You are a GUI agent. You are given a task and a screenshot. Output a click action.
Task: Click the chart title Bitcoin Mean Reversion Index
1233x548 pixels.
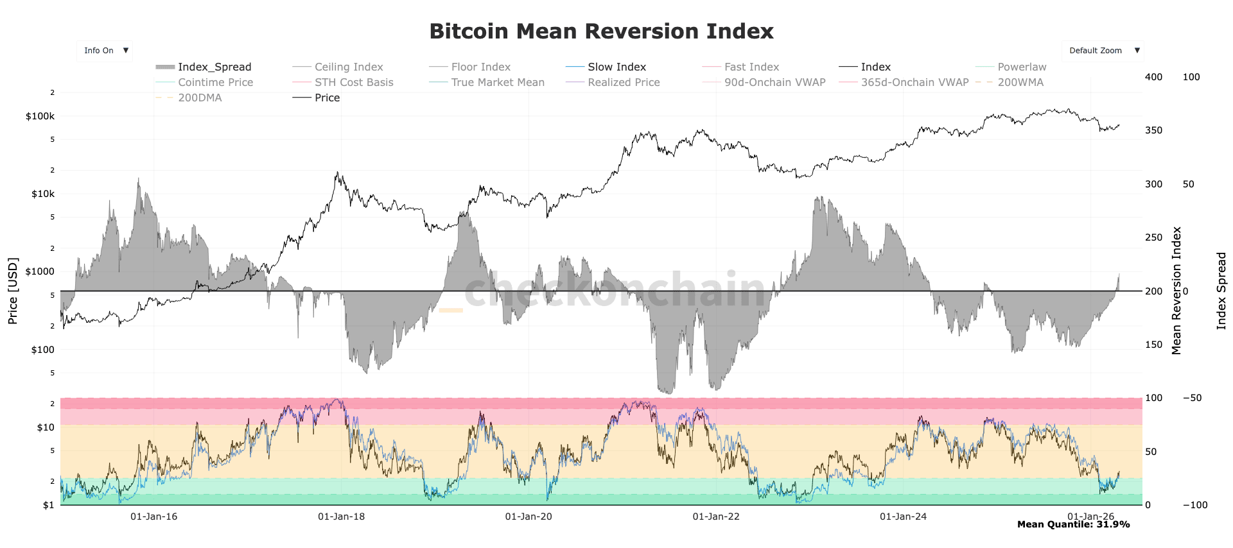601,31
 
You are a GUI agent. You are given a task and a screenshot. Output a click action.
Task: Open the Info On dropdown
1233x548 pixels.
105,51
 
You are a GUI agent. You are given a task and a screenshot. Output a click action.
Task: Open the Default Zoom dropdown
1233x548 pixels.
1102,51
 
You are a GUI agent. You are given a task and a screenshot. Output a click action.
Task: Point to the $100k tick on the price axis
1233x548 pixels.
40,116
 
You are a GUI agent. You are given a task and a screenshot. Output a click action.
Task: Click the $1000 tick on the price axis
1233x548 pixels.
40,271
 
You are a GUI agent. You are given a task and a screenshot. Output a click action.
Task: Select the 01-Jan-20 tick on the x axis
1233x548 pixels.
528,517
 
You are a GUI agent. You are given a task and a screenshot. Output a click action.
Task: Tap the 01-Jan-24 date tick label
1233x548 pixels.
903,517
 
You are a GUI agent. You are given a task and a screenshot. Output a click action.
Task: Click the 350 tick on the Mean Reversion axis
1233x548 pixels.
1153,130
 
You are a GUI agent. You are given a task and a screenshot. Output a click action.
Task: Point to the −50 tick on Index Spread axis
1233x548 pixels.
1192,398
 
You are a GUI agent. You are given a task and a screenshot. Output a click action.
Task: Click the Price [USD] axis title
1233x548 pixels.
13,291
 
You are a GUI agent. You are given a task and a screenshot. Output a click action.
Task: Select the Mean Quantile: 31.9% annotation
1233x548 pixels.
1073,525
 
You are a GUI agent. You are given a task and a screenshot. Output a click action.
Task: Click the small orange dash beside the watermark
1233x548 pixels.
451,311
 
